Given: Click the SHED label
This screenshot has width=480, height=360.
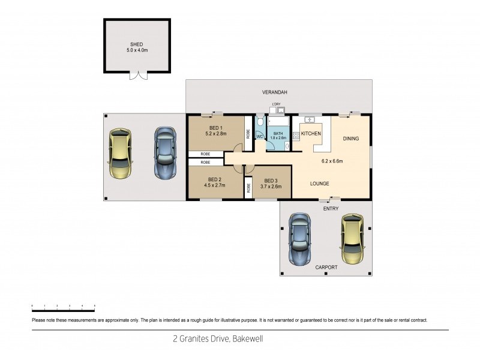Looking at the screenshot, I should click(x=137, y=44).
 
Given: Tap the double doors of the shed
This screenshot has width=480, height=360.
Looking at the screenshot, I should click(x=138, y=76).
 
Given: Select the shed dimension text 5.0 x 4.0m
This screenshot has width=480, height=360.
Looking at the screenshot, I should click(x=137, y=50).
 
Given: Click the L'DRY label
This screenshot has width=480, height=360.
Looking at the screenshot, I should click(x=277, y=105).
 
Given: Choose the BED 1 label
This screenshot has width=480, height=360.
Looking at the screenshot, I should click(x=216, y=128).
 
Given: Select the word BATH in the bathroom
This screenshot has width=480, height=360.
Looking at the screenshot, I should click(x=278, y=134).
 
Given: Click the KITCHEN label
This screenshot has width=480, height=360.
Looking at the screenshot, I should click(x=311, y=133).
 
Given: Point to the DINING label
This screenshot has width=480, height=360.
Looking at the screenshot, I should click(x=351, y=139).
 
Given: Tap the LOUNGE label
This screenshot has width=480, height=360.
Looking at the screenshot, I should click(x=320, y=183).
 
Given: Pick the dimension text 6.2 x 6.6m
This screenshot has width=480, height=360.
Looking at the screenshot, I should click(x=332, y=161).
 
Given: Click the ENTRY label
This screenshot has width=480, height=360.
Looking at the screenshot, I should click(x=331, y=208).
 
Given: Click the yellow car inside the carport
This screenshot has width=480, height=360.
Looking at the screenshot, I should click(x=353, y=239).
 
